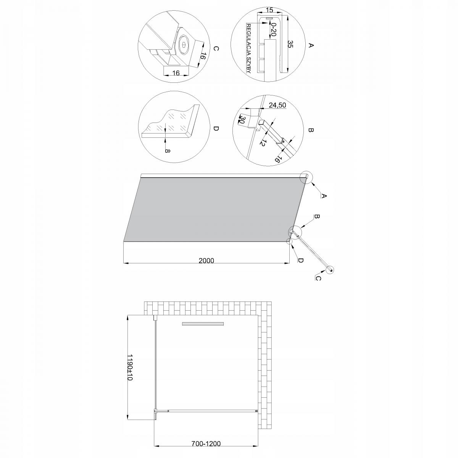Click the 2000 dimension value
206,261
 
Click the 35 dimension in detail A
290,44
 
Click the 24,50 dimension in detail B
277,105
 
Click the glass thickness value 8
167,150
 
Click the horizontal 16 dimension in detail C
176,73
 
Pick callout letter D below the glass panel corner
300,260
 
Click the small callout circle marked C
330,270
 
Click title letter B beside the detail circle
310,131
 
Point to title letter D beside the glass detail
216,129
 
